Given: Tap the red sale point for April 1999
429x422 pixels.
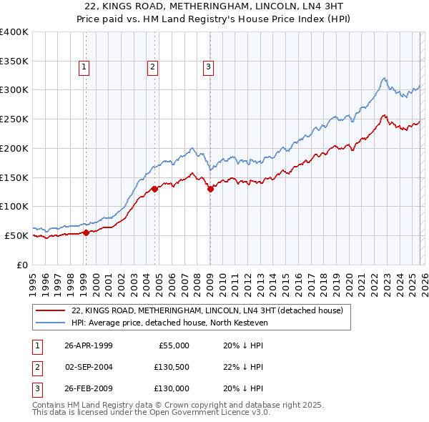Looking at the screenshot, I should [x=86, y=232].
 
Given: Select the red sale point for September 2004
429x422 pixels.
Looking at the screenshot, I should [x=154, y=189].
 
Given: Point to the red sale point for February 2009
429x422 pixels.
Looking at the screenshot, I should [x=210, y=189].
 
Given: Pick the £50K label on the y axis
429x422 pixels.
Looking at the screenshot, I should [x=16, y=235].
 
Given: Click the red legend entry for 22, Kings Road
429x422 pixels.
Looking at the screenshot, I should [x=207, y=310].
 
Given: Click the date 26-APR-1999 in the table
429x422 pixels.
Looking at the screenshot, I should [x=88, y=345].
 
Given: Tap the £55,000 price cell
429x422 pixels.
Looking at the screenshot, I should [x=174, y=345].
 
